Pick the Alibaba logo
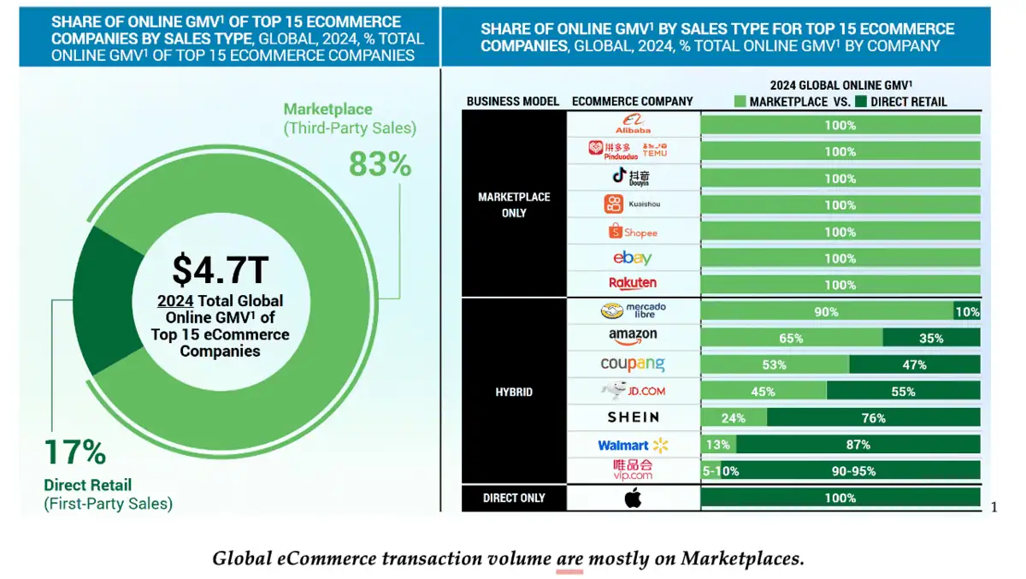tap(634, 125)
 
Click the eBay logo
tap(633, 258)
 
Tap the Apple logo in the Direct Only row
tap(633, 498)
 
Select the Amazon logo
tap(633, 336)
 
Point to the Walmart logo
tap(633, 445)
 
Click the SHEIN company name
tap(633, 417)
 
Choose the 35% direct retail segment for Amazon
tap(931, 338)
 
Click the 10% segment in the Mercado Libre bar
tap(967, 311)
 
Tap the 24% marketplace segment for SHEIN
tap(734, 418)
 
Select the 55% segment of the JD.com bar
tap(903, 392)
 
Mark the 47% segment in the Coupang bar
tap(914, 364)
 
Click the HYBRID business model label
tap(514, 392)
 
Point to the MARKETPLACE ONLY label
tap(514, 204)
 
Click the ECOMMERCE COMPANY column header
tap(632, 101)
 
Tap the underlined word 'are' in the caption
tap(569, 559)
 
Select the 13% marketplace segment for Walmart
tap(718, 445)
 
